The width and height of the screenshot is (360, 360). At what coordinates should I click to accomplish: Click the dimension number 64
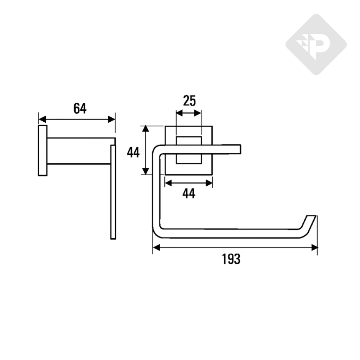(x=80, y=109)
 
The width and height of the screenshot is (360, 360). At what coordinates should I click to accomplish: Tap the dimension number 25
(x=189, y=101)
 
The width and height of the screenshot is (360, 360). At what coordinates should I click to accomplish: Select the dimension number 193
(x=231, y=259)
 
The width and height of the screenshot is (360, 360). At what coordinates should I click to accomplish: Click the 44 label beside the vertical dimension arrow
(x=133, y=153)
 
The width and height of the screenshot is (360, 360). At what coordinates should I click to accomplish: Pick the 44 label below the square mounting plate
(x=189, y=193)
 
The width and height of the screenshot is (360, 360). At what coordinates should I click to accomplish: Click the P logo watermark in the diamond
(x=316, y=45)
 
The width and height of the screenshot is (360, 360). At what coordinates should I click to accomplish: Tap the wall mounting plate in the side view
(x=43, y=150)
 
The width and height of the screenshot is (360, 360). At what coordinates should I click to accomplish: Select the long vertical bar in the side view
(x=113, y=192)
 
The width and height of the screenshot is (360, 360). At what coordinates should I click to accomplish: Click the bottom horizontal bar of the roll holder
(x=229, y=234)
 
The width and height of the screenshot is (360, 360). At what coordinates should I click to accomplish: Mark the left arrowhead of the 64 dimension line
(x=41, y=119)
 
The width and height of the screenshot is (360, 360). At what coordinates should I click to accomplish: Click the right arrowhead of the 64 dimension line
(x=112, y=119)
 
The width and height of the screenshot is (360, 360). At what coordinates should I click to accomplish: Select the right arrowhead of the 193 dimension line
(x=315, y=248)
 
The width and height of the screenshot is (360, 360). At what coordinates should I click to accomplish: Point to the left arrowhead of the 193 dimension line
(x=155, y=248)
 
